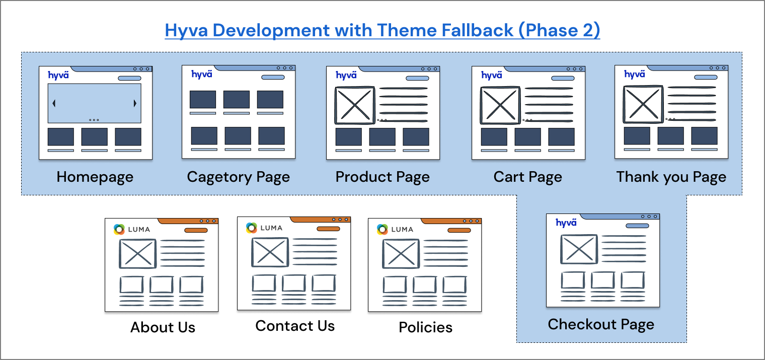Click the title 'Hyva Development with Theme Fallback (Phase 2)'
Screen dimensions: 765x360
[x=382, y=30]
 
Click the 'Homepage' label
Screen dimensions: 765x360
[x=95, y=177]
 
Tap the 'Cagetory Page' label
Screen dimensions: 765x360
[x=239, y=177]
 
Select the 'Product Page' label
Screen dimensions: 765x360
[x=382, y=177]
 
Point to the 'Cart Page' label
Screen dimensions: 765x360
[x=527, y=177]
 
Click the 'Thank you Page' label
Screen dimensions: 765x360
[x=671, y=177]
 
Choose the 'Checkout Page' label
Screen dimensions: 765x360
[x=601, y=324]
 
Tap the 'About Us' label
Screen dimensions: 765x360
[x=163, y=327]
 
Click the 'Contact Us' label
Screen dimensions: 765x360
[x=295, y=326]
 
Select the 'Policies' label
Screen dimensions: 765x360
[x=426, y=327]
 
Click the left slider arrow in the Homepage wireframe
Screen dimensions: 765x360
[x=54, y=103]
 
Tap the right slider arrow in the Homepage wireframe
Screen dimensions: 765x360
[x=135, y=103]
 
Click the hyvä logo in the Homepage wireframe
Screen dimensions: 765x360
[x=58, y=75]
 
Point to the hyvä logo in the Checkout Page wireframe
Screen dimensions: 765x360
[x=566, y=223]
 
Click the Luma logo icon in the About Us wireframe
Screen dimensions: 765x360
[x=119, y=229]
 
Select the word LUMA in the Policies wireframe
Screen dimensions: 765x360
[x=402, y=230]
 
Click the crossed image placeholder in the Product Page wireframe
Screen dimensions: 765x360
[x=355, y=105]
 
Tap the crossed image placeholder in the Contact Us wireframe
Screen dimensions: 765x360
[x=270, y=252]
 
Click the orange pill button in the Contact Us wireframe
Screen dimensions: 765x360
[x=328, y=229]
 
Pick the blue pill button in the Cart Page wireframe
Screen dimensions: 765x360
[x=563, y=78]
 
